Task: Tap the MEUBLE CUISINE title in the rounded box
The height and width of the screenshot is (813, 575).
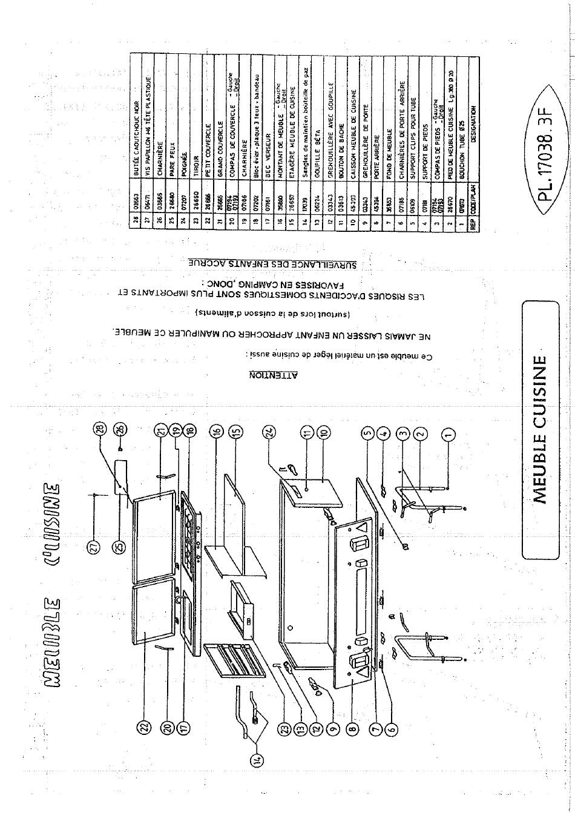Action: [540, 430]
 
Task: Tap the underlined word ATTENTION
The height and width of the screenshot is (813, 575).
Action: [274, 376]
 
